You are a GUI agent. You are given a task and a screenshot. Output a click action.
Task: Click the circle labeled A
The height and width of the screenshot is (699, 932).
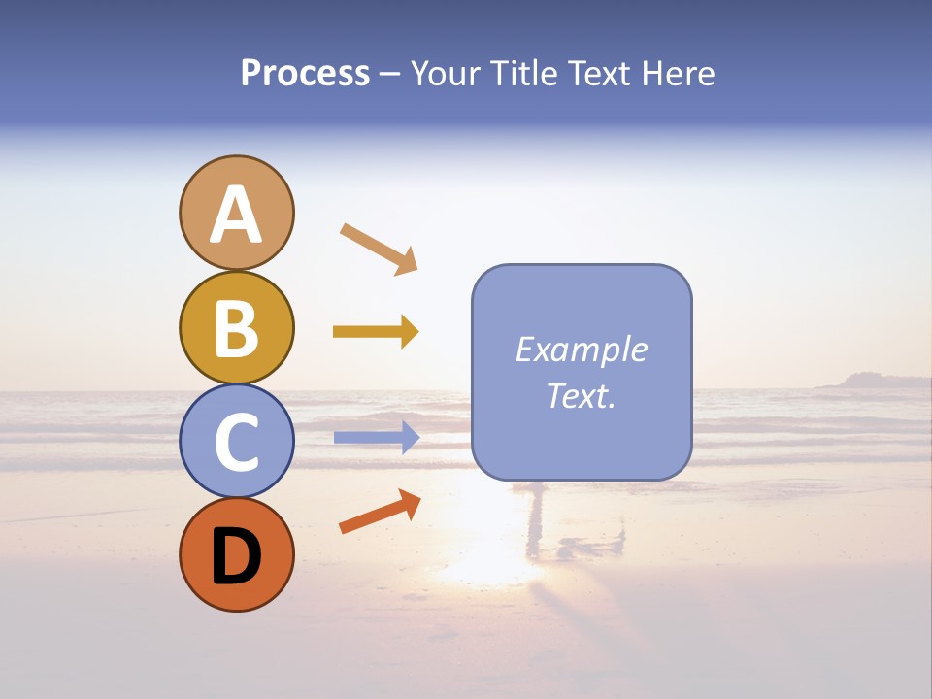tap(236, 213)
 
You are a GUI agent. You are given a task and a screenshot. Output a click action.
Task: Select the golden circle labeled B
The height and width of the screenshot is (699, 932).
tap(236, 327)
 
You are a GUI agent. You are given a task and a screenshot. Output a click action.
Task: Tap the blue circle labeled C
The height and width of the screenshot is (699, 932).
tap(236, 441)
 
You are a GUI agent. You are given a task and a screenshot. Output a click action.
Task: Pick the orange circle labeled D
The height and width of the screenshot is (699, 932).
tap(236, 554)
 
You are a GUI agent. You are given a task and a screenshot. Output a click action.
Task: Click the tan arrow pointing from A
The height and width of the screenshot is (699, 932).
tap(379, 249)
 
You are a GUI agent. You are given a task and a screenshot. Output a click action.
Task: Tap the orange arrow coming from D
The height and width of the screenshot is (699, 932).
tap(380, 512)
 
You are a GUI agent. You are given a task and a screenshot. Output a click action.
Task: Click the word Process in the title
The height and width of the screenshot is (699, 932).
tap(305, 74)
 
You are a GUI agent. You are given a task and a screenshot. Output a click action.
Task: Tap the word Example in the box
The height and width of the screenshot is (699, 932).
tap(581, 349)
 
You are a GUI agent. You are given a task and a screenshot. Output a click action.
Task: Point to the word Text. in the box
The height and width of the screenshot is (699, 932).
tap(581, 396)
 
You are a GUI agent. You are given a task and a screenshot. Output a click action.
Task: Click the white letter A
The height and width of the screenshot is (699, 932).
tap(236, 215)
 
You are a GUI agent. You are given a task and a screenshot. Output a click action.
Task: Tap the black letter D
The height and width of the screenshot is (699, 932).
tap(236, 556)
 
